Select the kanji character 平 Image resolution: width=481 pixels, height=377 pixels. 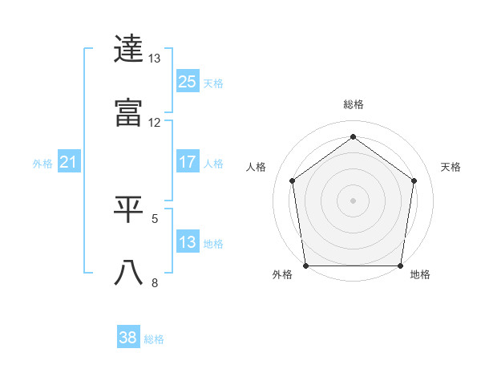click(x=128, y=209)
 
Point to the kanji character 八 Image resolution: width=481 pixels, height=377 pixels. click(x=128, y=273)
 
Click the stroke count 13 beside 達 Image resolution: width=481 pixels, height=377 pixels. click(x=155, y=59)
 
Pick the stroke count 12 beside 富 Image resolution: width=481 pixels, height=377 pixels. click(x=155, y=123)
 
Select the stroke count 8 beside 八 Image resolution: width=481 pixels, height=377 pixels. click(x=155, y=282)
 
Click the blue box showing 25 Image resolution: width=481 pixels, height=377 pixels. click(x=188, y=82)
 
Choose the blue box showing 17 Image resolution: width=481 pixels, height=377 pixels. click(x=188, y=162)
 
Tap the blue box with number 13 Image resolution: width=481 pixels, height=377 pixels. click(x=188, y=242)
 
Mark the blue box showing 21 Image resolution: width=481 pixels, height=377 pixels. click(x=68, y=163)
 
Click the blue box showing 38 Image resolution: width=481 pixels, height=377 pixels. click(x=128, y=338)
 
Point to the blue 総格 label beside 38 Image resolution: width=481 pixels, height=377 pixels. click(x=155, y=339)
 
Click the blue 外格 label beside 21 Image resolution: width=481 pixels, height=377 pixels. click(x=42, y=164)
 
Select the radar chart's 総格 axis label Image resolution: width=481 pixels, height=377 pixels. click(x=354, y=104)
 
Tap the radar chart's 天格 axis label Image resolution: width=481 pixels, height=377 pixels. click(x=451, y=167)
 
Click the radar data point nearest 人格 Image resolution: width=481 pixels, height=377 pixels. click(x=292, y=180)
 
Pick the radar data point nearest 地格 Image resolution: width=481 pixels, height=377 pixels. click(x=401, y=266)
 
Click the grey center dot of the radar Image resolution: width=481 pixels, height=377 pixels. click(x=354, y=200)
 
